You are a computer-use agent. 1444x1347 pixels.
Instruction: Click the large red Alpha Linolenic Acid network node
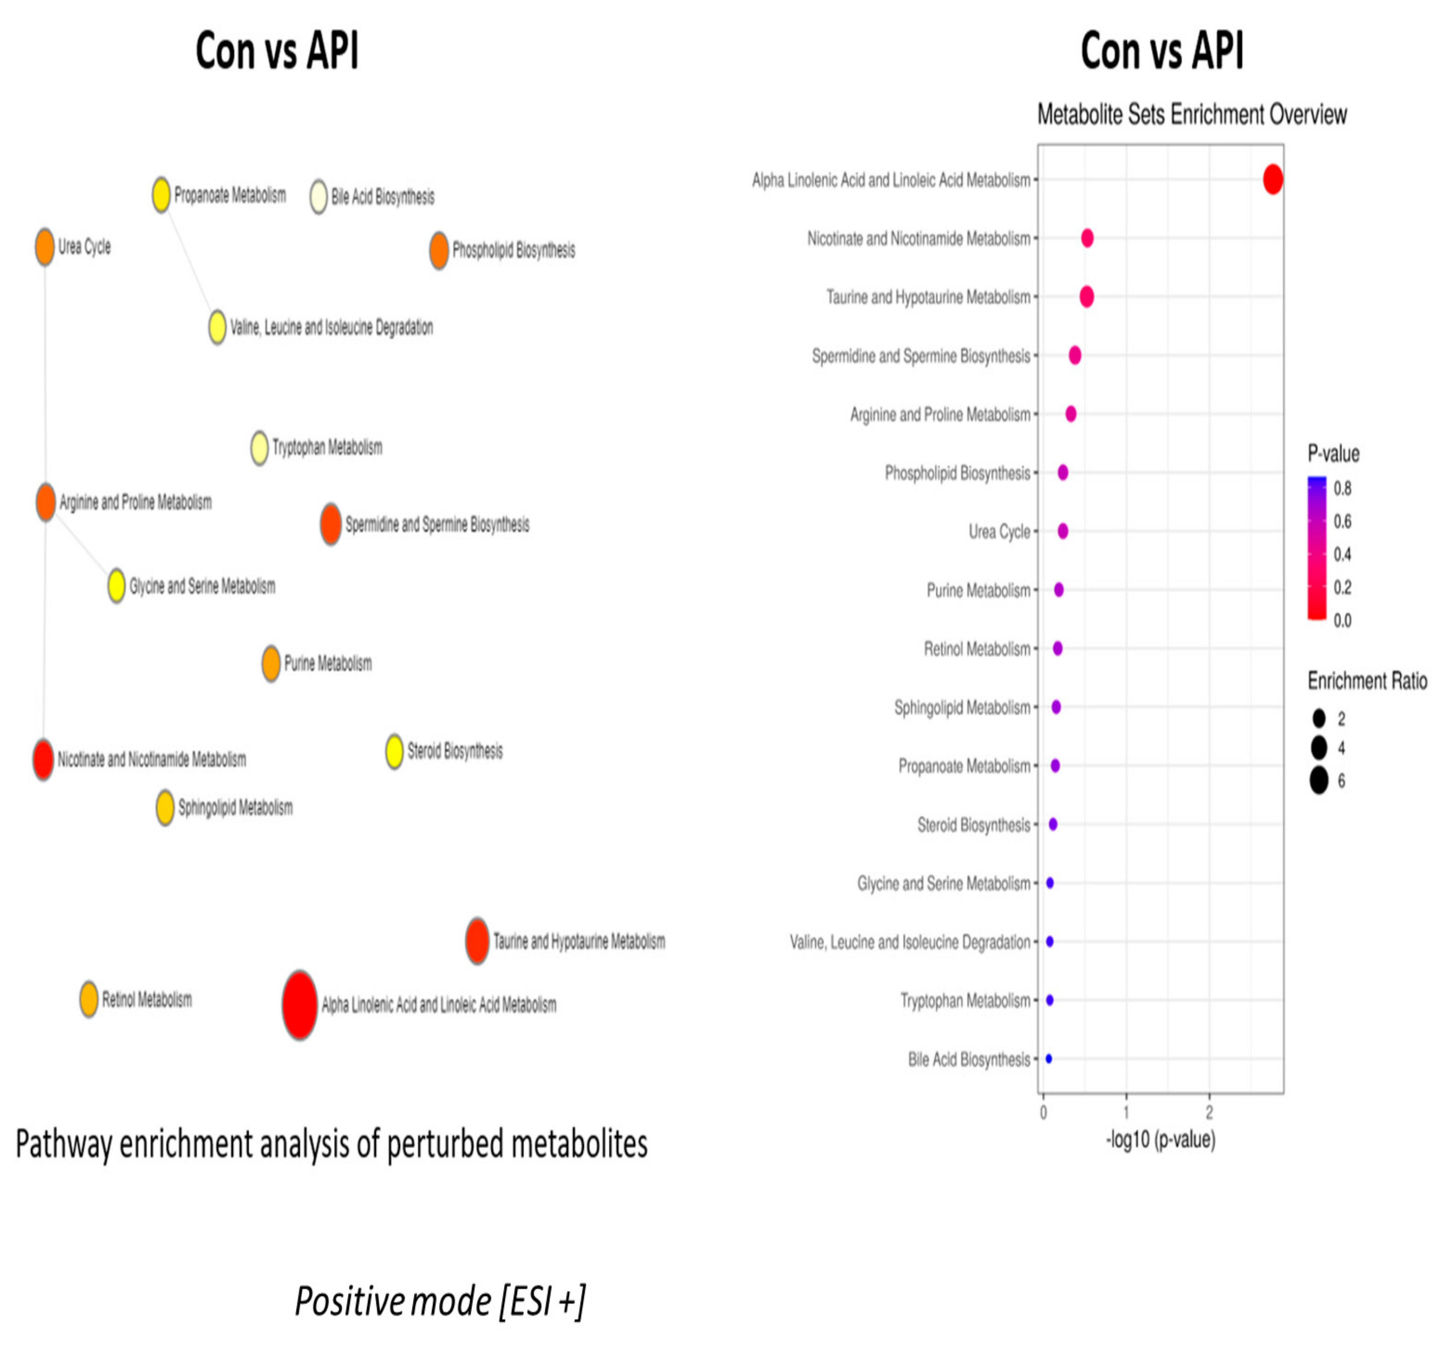299,1005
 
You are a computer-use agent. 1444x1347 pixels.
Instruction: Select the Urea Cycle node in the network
45,247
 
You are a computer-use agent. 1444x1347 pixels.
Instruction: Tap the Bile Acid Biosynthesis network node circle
318,197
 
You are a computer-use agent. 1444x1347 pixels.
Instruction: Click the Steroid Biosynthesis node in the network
394,751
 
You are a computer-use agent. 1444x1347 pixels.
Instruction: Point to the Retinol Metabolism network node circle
88,1000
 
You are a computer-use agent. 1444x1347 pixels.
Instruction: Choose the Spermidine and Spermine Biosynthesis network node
331,524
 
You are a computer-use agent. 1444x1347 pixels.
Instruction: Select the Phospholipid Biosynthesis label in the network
514,251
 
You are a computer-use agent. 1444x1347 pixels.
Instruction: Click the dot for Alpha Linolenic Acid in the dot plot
1272,179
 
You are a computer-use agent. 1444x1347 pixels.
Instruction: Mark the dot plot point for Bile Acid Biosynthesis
1048,1059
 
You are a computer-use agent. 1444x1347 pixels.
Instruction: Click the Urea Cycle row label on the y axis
999,532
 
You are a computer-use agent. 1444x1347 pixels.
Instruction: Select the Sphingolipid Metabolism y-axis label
962,708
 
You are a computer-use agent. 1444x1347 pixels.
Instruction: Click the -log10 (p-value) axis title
1160,1139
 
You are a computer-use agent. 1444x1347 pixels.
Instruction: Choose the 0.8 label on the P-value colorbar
1342,488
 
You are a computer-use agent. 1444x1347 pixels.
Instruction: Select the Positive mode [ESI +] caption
439,1301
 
